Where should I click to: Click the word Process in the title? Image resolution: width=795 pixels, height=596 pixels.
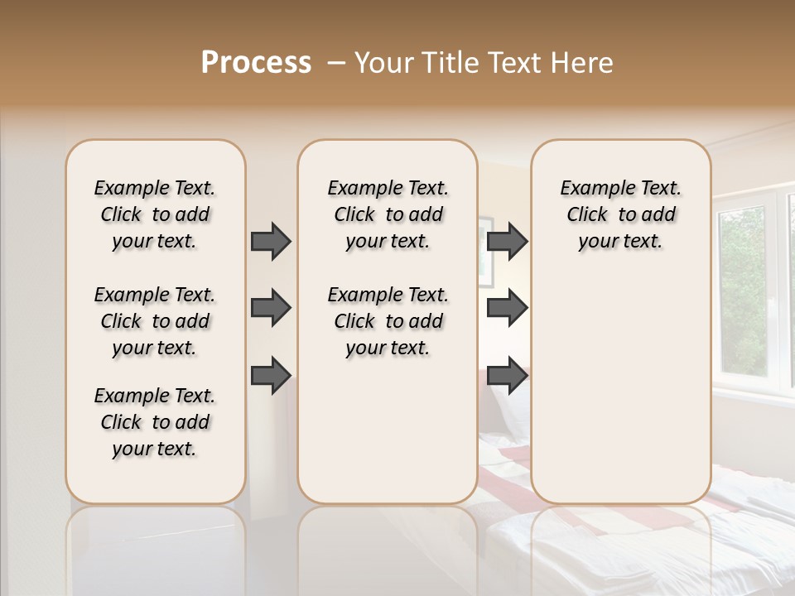pos(256,63)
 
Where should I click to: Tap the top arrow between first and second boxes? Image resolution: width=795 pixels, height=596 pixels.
pos(271,241)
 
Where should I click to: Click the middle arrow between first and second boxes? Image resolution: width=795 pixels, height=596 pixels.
pos(271,308)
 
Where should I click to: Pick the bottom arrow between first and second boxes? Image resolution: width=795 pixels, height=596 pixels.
pos(271,375)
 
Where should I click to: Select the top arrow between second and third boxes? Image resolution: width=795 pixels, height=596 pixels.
pos(507,241)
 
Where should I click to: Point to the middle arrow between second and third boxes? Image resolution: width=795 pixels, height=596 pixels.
pos(507,308)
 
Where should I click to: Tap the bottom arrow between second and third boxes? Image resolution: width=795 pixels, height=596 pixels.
pos(507,375)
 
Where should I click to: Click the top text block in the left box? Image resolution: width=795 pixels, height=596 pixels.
pos(155,214)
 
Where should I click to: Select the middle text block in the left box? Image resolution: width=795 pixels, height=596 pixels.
pos(155,321)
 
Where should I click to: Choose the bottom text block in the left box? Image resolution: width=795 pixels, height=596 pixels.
pos(155,422)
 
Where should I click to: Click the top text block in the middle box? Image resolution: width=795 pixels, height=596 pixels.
pos(388,214)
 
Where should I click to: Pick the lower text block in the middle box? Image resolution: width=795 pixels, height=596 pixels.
pos(388,321)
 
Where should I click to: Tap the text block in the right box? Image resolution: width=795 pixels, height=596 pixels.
pos(620,214)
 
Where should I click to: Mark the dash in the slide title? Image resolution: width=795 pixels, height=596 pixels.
pos(336,63)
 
